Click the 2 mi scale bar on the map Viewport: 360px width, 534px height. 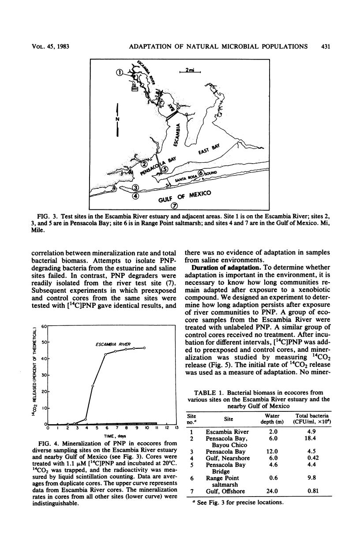coord(190,70)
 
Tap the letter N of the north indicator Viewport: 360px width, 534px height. coord(117,119)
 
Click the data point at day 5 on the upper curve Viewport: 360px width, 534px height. coord(92,386)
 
